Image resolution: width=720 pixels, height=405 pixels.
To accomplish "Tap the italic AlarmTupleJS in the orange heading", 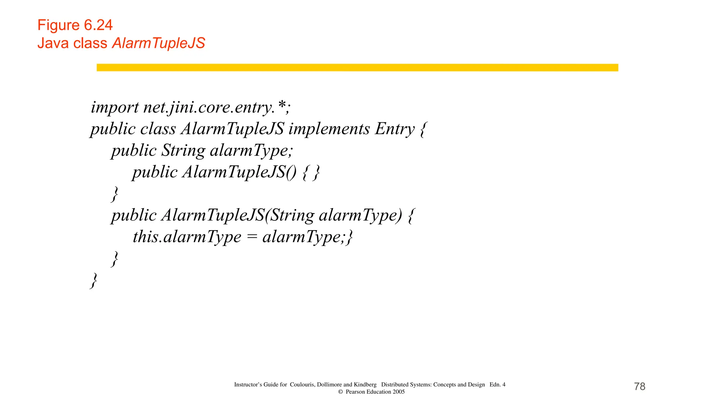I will [159, 43].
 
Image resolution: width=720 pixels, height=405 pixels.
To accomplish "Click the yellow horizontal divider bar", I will [357, 67].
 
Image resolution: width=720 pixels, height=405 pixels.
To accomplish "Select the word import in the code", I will [115, 107].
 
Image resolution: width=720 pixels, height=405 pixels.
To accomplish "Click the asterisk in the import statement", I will [282, 105].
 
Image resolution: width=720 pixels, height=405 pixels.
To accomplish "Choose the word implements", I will [329, 129].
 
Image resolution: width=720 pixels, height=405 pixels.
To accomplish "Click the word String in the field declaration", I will [183, 150].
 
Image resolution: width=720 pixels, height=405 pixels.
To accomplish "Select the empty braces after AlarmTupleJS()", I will [311, 172].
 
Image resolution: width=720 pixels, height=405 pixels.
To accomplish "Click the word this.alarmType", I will [187, 237].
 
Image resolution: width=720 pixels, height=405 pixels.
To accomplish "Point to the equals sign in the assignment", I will [252, 237].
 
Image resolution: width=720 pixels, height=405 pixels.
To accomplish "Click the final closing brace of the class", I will [94, 280].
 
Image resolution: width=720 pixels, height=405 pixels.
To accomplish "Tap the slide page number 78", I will [639, 386].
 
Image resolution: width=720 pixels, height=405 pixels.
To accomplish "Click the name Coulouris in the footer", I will [302, 385].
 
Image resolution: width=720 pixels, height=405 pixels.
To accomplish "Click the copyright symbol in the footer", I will [340, 392].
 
